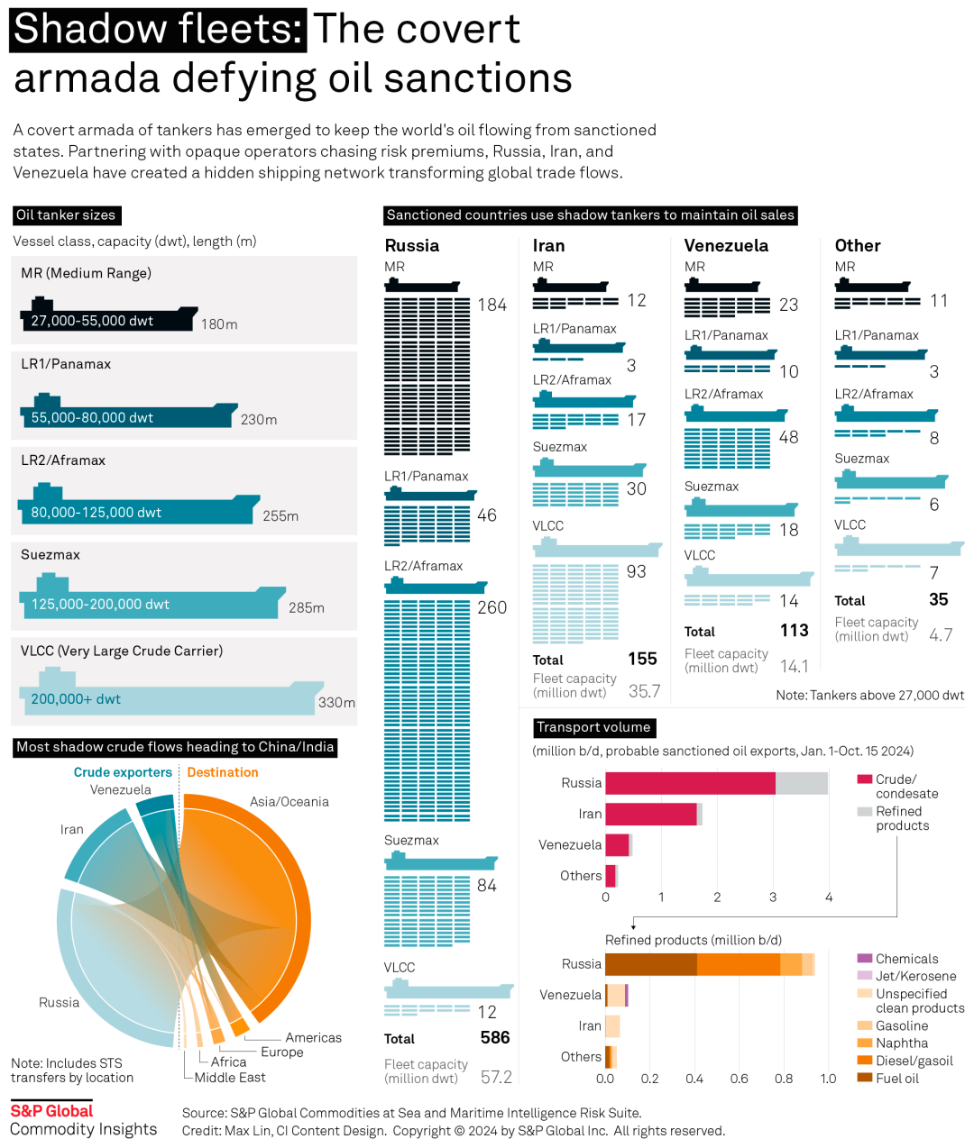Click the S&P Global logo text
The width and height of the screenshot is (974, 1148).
pos(51,1111)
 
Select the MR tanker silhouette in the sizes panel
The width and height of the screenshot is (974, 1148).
pos(108,317)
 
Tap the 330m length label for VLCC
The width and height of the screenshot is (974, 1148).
pos(336,703)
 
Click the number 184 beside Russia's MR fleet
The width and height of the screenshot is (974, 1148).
pos(492,305)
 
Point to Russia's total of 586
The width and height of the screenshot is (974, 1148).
pos(495,1038)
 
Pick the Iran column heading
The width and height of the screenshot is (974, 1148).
pos(548,246)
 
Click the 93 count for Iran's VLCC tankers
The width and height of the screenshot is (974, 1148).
pos(636,572)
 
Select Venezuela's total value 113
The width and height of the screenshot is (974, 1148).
pos(794,631)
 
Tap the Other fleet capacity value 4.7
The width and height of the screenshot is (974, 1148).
pos(941,635)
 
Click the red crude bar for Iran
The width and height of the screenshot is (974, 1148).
pos(650,814)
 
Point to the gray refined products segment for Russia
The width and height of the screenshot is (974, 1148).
pos(801,783)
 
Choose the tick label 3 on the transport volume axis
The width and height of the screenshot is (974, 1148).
pos(773,897)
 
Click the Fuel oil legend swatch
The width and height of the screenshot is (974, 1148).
pos(864,1078)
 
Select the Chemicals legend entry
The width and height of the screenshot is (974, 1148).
pos(906,959)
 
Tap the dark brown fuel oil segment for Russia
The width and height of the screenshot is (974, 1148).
pos(650,964)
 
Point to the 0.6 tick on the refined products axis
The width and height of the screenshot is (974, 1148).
pos(740,1079)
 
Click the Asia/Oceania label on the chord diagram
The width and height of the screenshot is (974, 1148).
pos(289,802)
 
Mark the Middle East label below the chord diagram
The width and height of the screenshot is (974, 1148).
pos(230,1078)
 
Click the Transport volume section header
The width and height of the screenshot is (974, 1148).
pos(593,727)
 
